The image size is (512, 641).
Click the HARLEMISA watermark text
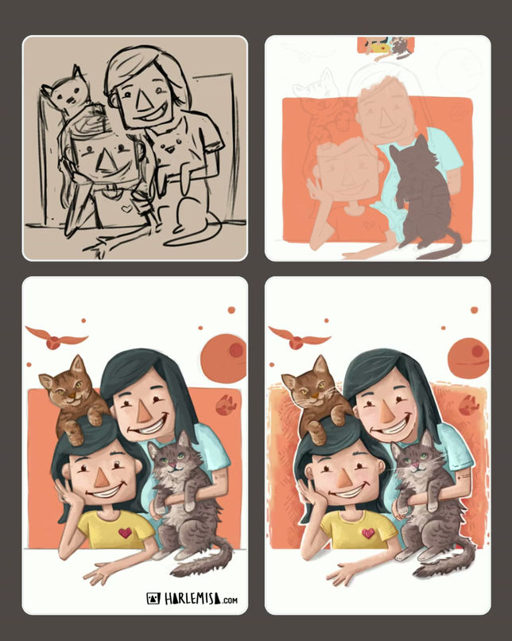click(x=193, y=599)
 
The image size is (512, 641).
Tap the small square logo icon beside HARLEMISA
click(x=153, y=599)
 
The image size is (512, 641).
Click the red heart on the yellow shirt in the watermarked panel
click(x=125, y=533)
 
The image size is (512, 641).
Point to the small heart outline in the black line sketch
click(x=127, y=208)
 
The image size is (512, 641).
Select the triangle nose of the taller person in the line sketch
click(x=142, y=101)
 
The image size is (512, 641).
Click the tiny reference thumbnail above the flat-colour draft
click(x=386, y=46)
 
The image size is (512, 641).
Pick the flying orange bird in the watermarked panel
click(x=56, y=337)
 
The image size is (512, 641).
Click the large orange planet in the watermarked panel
click(x=224, y=359)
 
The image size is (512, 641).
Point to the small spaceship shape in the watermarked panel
click(x=226, y=404)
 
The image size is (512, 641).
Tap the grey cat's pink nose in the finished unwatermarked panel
click(x=415, y=465)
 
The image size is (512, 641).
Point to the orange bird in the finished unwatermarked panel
click(x=299, y=337)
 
